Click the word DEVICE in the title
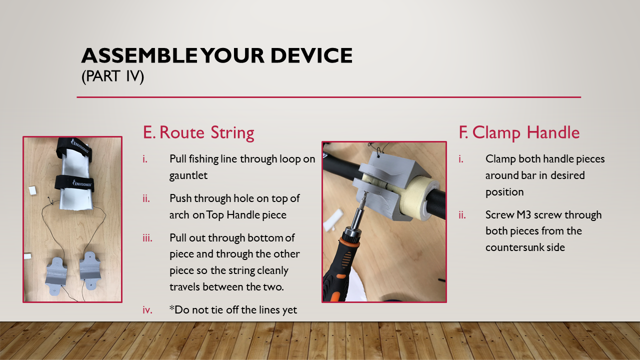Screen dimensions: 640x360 311,55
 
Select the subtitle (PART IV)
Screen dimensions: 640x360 112,76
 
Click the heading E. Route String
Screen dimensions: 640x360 198,133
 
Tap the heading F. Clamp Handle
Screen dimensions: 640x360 519,133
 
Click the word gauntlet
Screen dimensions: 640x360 188,175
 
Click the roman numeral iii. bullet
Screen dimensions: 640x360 147,238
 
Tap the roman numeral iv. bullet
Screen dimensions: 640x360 147,310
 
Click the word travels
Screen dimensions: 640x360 184,287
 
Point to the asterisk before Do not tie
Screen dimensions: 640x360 171,308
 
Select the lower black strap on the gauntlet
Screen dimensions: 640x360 74,183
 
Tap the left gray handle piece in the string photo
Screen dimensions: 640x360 56,275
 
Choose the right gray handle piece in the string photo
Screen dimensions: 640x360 90,271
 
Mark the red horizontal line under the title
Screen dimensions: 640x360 329,97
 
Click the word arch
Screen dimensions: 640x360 179,215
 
